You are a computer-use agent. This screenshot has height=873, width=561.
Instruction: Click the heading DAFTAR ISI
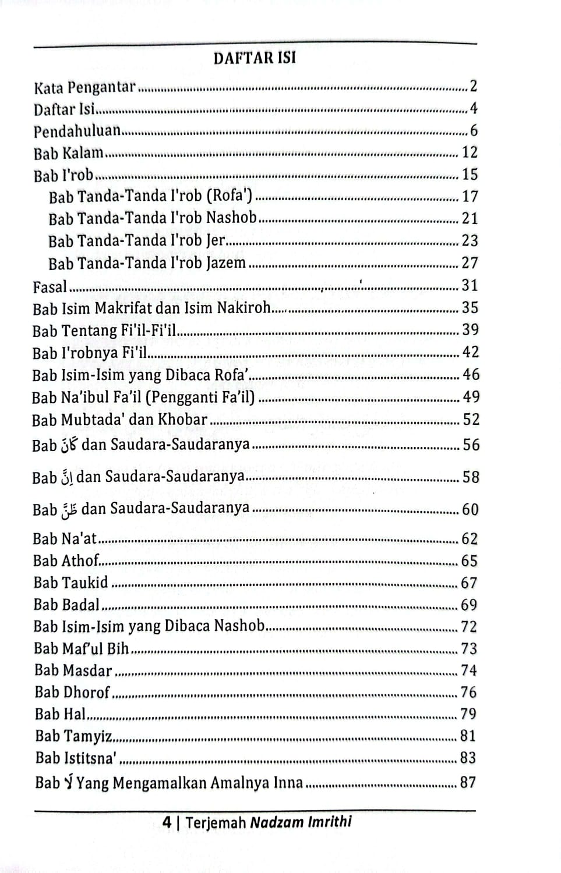pyautogui.click(x=255, y=58)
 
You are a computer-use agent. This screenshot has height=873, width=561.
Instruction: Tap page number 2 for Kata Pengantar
pyautogui.click(x=473, y=86)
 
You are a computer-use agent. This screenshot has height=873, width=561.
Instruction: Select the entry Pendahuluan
pyautogui.click(x=77, y=131)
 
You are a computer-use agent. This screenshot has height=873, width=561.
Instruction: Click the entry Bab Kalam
pyautogui.click(x=68, y=153)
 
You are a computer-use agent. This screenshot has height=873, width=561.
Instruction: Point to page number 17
pyautogui.click(x=470, y=197)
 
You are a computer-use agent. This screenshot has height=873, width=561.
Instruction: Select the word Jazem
pyautogui.click(x=225, y=263)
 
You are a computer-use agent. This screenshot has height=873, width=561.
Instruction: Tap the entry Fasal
pyautogui.click(x=50, y=286)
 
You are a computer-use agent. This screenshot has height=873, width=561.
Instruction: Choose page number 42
pyautogui.click(x=470, y=352)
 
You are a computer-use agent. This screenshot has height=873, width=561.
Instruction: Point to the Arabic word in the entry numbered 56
pyautogui.click(x=69, y=446)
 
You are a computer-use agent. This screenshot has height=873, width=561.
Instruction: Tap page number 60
pyautogui.click(x=470, y=510)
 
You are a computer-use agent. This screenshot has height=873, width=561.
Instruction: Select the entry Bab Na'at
pyautogui.click(x=65, y=539)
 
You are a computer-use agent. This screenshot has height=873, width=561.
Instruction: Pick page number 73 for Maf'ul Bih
pyautogui.click(x=468, y=648)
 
